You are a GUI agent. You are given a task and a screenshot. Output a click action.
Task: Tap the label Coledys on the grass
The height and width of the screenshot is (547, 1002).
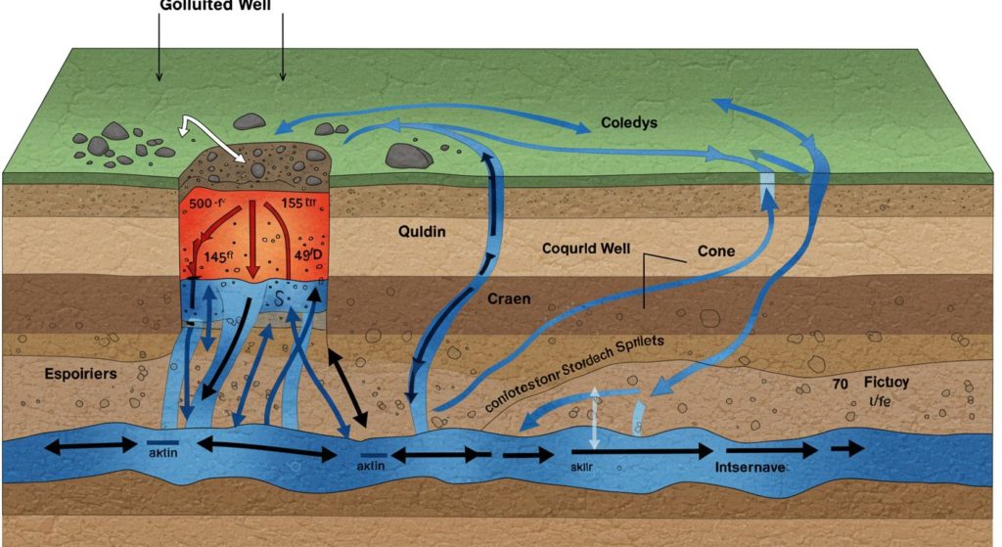(622, 124)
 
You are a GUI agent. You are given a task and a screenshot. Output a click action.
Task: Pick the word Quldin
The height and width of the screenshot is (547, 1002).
(422, 232)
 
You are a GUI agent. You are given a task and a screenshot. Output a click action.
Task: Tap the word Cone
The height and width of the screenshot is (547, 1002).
(715, 251)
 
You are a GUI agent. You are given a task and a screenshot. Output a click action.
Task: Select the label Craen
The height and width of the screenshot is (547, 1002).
(509, 298)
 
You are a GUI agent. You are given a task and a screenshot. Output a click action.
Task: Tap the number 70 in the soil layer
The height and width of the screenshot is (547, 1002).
(840, 385)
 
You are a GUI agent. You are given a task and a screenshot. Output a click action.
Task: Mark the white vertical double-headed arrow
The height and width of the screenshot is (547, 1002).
(593, 419)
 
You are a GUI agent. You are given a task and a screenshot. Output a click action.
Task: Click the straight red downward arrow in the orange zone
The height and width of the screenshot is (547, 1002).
(252, 240)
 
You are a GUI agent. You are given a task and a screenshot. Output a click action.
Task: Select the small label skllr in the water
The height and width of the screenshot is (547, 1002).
(583, 467)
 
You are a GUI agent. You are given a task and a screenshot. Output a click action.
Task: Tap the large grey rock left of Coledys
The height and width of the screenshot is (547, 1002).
(409, 156)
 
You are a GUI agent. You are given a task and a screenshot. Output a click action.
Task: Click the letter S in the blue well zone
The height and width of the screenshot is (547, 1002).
(277, 297)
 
